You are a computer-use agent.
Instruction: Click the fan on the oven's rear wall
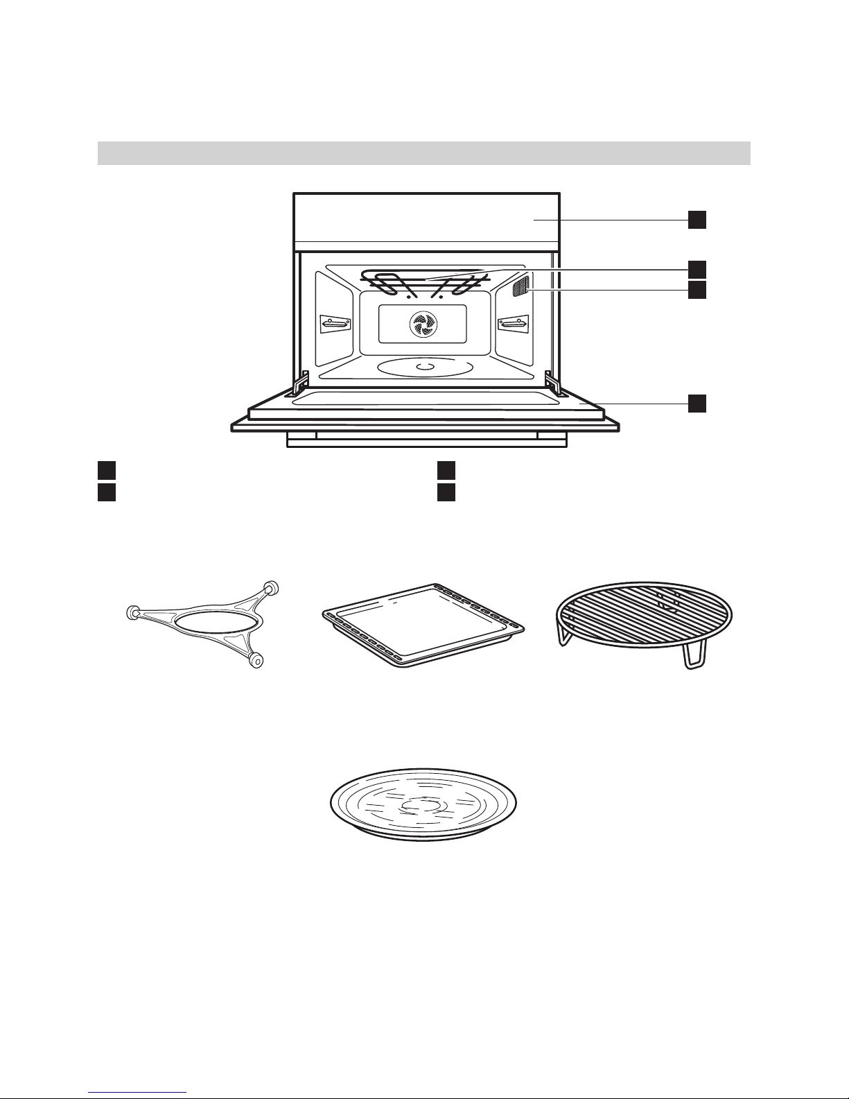click(x=421, y=324)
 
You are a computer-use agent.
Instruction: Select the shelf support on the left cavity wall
click(x=335, y=323)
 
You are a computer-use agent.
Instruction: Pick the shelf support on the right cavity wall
click(x=513, y=323)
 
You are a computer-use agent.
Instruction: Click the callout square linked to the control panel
click(x=697, y=220)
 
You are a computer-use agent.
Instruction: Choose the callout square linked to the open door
click(x=697, y=403)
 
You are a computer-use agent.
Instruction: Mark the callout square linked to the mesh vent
click(x=697, y=290)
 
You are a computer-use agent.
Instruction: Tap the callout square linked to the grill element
click(x=697, y=269)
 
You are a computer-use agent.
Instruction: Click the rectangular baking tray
click(x=424, y=624)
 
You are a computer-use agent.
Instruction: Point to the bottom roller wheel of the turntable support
click(x=256, y=660)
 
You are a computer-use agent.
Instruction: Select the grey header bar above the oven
click(x=424, y=153)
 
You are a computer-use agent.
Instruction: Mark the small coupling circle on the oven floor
click(x=425, y=365)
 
